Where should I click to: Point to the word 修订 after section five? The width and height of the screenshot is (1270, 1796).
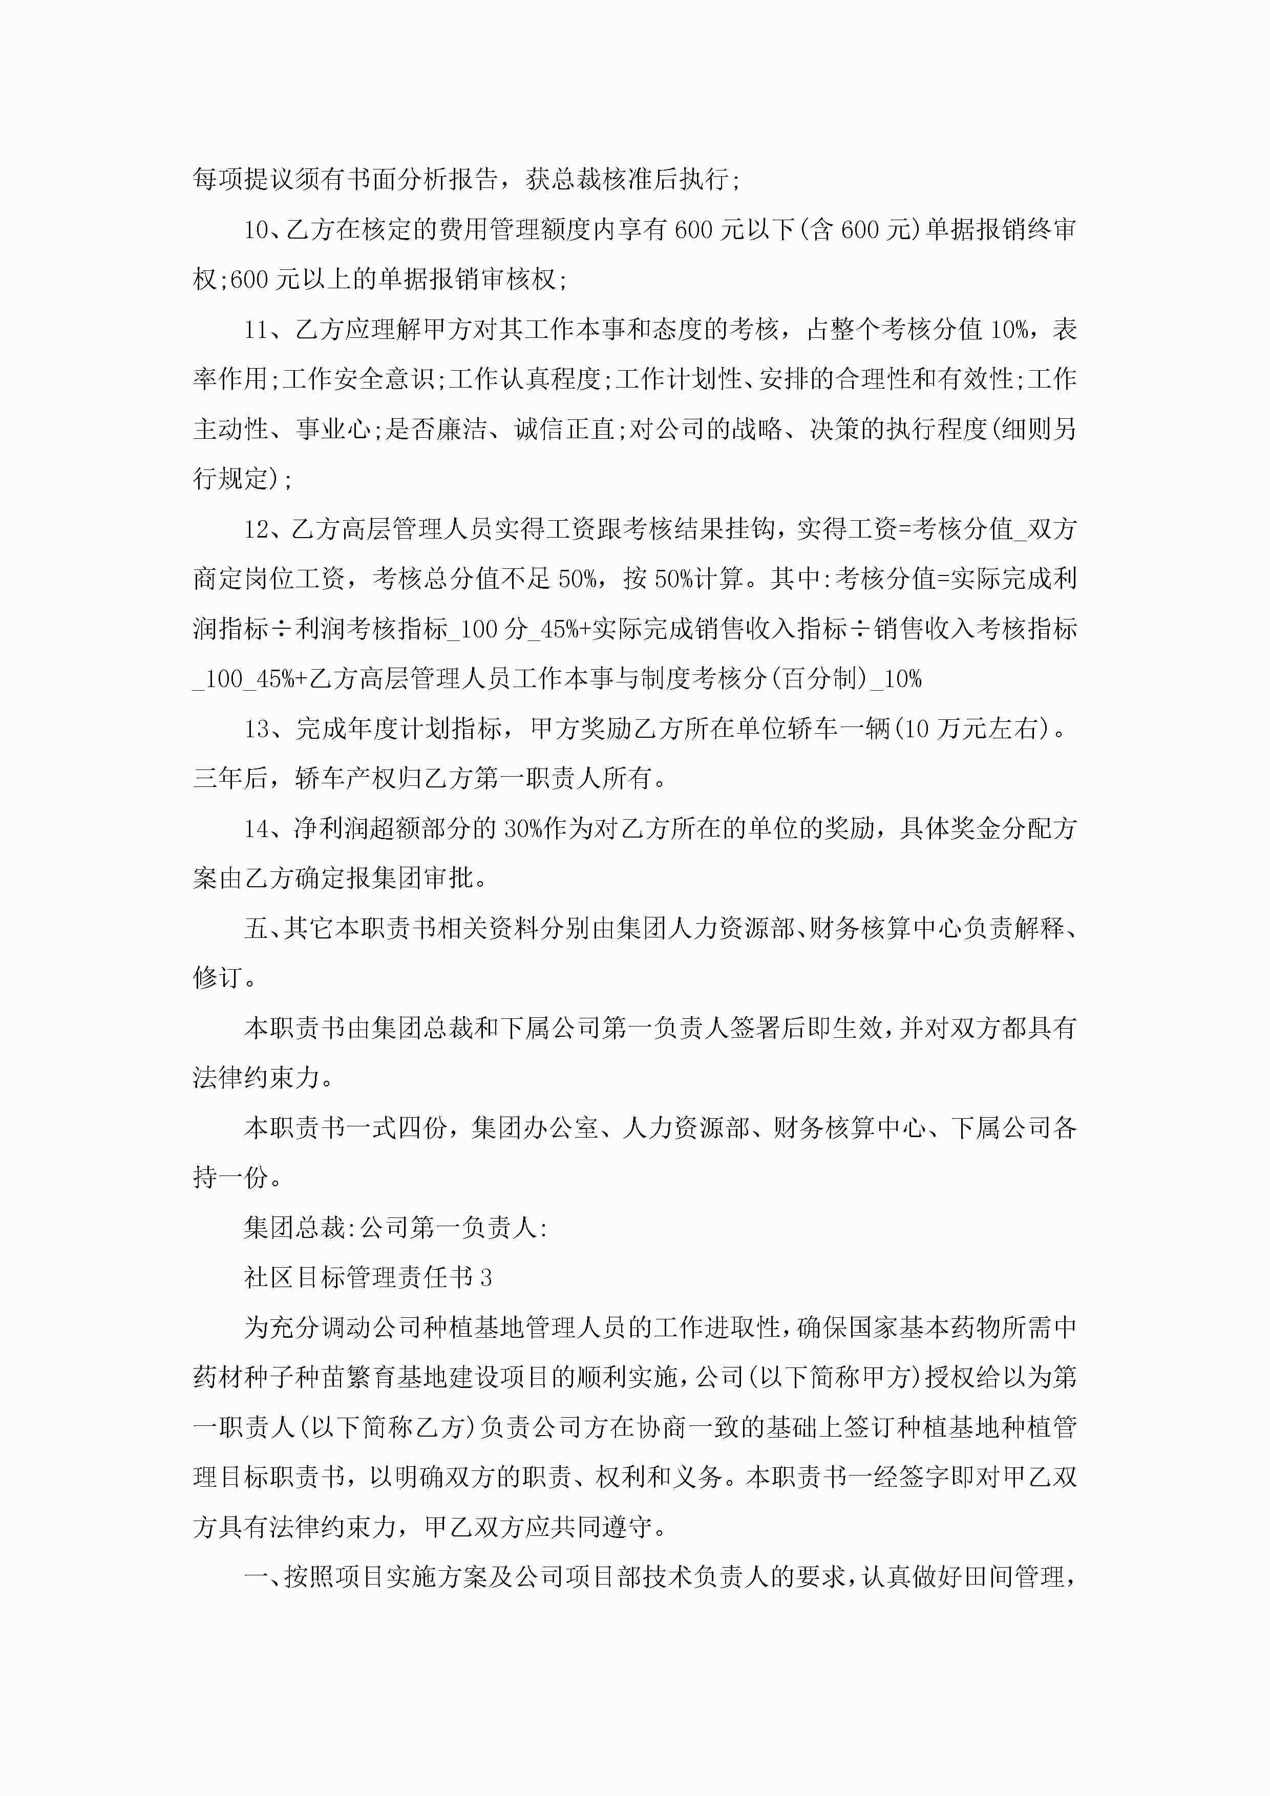218,978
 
